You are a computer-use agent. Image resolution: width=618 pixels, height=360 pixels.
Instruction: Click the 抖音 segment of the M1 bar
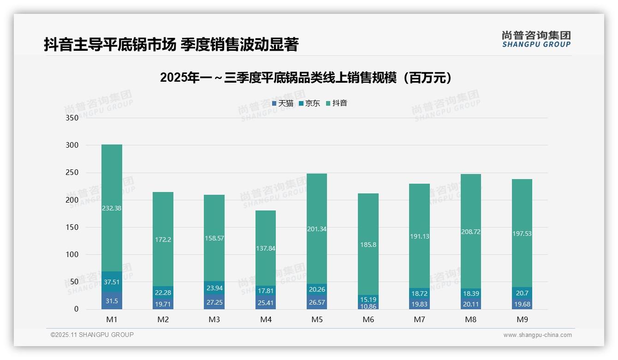[x=112, y=208]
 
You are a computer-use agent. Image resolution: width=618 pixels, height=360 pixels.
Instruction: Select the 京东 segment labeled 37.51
[x=112, y=282]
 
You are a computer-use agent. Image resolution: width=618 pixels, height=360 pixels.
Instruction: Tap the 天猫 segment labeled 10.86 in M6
[x=368, y=306]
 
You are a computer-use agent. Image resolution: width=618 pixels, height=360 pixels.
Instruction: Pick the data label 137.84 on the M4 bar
[x=265, y=248]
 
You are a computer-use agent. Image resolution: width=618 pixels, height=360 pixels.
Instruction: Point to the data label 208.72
[x=470, y=232]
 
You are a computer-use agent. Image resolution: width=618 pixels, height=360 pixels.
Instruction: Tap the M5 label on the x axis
[x=317, y=319]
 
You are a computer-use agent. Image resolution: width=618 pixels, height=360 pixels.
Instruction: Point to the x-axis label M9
[x=522, y=319]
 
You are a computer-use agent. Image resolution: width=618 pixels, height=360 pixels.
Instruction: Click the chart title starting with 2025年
[x=306, y=78]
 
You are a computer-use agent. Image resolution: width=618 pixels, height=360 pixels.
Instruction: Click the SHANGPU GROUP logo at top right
[x=536, y=39]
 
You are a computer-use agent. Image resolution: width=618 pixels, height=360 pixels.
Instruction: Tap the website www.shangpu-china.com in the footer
[x=537, y=335]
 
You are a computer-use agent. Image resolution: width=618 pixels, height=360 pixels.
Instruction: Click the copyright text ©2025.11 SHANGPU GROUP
[x=92, y=335]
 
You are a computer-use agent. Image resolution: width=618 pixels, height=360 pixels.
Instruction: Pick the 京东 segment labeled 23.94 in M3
[x=214, y=288]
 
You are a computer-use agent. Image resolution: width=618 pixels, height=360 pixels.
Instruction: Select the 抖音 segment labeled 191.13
[x=419, y=236]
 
